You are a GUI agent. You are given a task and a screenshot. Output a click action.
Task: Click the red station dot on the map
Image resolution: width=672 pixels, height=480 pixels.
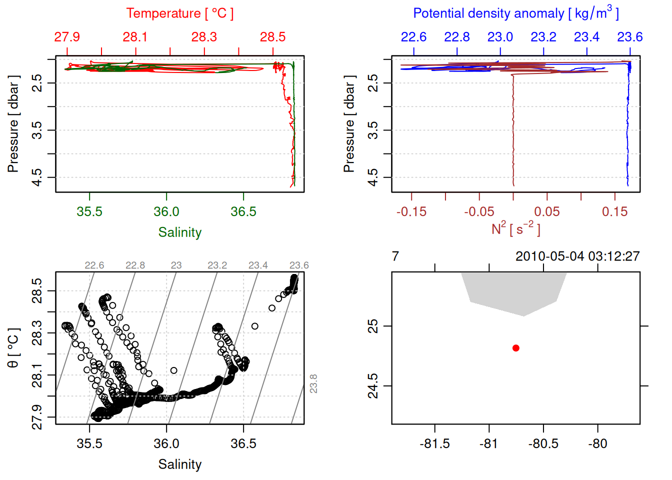[x=516, y=348]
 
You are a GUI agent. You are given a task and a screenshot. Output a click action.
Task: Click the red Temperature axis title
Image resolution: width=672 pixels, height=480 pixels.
[x=179, y=13]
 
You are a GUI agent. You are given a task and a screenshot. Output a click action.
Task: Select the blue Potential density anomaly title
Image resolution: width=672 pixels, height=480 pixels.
[x=515, y=13]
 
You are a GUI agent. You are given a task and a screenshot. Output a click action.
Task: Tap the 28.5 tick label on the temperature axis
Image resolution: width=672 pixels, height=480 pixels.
[x=272, y=37]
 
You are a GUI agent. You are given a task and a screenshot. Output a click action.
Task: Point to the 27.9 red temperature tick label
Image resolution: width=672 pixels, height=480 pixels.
[x=67, y=37]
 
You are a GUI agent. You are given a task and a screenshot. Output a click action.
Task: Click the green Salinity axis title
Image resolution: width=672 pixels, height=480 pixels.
[x=179, y=232]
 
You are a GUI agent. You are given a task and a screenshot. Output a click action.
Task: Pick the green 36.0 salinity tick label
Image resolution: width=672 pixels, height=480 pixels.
[x=166, y=212]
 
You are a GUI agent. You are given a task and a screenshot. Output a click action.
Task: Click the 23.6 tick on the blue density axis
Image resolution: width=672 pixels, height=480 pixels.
[x=629, y=37]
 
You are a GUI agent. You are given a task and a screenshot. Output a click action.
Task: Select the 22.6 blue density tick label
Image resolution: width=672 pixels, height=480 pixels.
[x=413, y=37]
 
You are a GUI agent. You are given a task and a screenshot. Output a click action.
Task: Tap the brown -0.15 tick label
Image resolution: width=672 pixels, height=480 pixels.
[x=411, y=212]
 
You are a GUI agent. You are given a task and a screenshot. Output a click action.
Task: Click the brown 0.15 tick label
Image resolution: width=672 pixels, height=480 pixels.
[x=614, y=212]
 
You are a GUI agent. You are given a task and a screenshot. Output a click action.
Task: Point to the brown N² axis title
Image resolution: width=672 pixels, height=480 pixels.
[x=515, y=229]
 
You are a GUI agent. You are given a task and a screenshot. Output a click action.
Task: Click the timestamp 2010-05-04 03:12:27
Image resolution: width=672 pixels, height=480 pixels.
[x=577, y=256]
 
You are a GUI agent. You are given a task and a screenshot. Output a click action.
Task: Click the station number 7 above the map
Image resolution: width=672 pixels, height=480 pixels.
[x=395, y=256]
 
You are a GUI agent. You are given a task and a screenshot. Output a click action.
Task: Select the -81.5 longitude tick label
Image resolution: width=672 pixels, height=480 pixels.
[x=434, y=444]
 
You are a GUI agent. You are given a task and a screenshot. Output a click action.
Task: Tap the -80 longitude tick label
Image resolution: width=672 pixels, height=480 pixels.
[x=597, y=444]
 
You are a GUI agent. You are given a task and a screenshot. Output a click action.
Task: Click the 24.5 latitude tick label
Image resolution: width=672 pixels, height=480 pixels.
[x=373, y=386]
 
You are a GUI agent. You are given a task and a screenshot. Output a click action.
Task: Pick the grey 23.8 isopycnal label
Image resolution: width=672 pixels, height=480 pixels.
[x=313, y=383]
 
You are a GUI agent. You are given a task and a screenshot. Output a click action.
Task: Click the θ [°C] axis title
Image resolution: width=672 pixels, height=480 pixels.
[x=13, y=348]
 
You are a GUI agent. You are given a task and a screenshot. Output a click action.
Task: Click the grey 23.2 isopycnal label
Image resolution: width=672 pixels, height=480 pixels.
[x=217, y=265]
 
